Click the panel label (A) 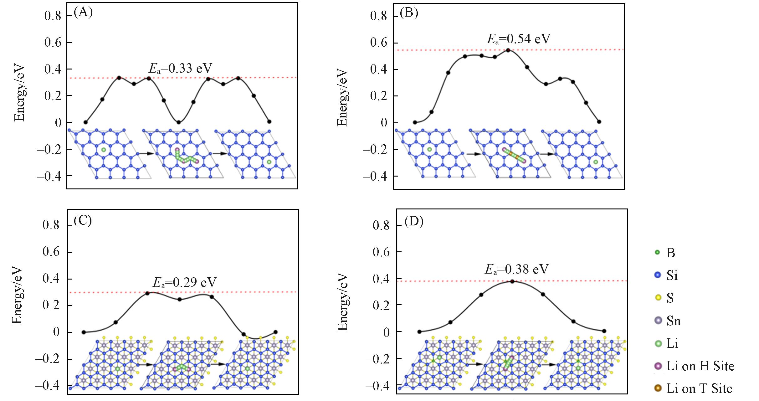tap(83, 13)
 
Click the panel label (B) tap(409, 13)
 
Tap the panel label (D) tap(414, 222)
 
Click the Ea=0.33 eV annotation tap(180, 68)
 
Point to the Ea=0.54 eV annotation tap(518, 39)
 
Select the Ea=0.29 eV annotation tap(184, 282)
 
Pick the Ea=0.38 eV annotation tap(516, 269)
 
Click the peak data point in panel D tap(512, 281)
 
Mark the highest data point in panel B tap(508, 50)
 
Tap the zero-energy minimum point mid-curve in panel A tap(178, 122)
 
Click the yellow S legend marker tap(658, 298)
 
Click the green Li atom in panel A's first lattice tap(104, 150)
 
